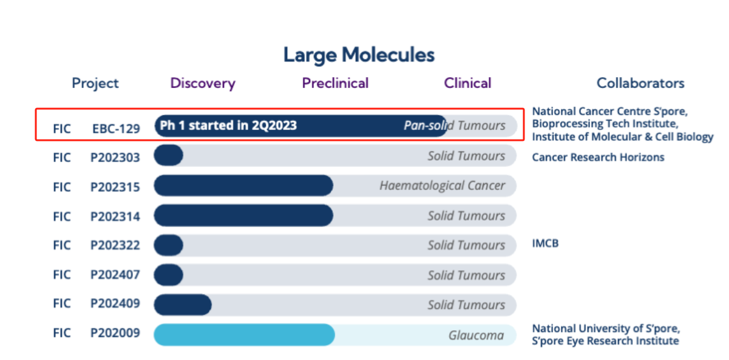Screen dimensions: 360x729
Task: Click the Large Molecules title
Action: tap(359, 55)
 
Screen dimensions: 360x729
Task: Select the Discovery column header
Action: tap(203, 83)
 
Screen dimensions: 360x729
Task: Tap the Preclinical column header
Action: tap(335, 83)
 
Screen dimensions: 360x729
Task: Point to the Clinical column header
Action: tap(467, 83)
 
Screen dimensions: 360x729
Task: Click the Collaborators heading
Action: tap(640, 83)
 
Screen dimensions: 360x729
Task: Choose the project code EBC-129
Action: tap(116, 129)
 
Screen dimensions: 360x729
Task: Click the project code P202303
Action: tap(115, 158)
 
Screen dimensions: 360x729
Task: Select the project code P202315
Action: tap(115, 187)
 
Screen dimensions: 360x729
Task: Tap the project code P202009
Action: tap(115, 333)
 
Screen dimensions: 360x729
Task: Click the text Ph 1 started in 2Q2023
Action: tap(228, 126)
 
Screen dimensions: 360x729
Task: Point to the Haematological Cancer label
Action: tap(442, 186)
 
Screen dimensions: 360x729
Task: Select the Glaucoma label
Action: tap(476, 335)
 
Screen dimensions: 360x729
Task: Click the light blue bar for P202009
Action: tap(244, 335)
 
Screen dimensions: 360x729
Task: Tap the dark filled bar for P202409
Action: tap(182, 304)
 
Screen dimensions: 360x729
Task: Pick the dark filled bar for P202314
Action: tap(243, 216)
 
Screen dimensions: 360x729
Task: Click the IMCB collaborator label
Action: tap(545, 244)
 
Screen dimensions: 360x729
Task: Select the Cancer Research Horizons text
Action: tap(598, 158)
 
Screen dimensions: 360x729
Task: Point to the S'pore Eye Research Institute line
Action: tap(605, 341)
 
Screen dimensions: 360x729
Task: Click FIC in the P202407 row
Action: tap(62, 274)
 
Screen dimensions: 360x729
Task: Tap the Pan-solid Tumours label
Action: tap(455, 126)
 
